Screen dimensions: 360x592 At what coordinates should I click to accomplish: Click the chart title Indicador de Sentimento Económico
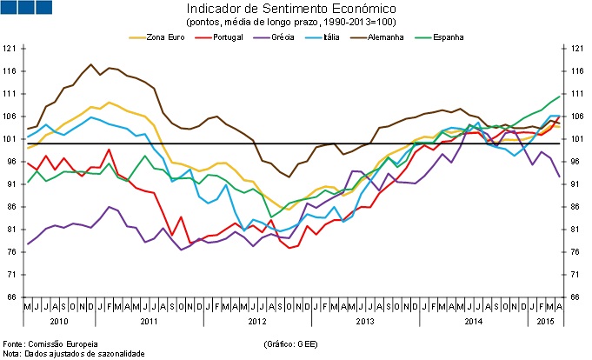pyautogui.click(x=296, y=8)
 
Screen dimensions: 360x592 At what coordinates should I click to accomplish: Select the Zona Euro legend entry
pyautogui.click(x=156, y=37)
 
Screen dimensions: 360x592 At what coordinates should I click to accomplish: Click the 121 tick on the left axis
pyautogui.click(x=11, y=49)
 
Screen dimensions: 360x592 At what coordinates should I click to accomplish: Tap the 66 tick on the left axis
pyautogui.click(x=11, y=297)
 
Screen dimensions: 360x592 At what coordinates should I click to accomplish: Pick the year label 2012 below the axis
pyautogui.click(x=258, y=322)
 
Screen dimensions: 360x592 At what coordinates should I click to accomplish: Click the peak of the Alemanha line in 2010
pyautogui.click(x=91, y=63)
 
